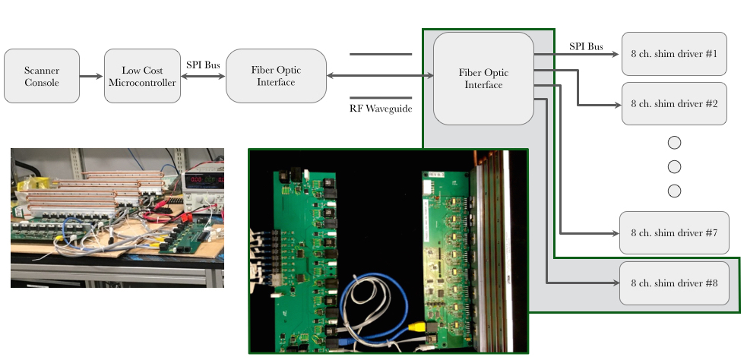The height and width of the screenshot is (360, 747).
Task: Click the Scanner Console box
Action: pyautogui.click(x=42, y=76)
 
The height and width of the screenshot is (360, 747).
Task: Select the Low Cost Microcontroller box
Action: pyautogui.click(x=142, y=76)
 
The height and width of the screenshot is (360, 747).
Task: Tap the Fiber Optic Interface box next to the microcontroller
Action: pyautogui.click(x=277, y=76)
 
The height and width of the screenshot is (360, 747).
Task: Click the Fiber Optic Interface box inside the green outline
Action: pyautogui.click(x=483, y=78)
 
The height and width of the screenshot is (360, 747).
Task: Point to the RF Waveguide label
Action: pyautogui.click(x=381, y=109)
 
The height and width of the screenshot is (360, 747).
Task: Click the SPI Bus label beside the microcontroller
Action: pyautogui.click(x=203, y=65)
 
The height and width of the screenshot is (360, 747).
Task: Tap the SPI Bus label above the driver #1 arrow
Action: pyautogui.click(x=586, y=46)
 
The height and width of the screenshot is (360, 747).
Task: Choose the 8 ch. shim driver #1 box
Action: pyautogui.click(x=674, y=54)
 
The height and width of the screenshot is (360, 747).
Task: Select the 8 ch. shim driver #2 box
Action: pyautogui.click(x=674, y=104)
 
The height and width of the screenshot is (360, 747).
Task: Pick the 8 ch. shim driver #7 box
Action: pyautogui.click(x=674, y=233)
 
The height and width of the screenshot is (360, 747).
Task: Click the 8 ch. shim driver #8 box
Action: pyautogui.click(x=674, y=283)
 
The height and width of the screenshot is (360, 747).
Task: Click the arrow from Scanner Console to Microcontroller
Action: pyautogui.click(x=91, y=76)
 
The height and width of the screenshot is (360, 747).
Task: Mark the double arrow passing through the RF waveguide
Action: pyautogui.click(x=380, y=75)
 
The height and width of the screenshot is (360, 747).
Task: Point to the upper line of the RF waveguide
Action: pyautogui.click(x=381, y=54)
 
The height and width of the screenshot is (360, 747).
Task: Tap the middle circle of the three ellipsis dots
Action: pyautogui.click(x=674, y=166)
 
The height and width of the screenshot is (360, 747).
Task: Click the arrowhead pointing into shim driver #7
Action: pyautogui.click(x=615, y=233)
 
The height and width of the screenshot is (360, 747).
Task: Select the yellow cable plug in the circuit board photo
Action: pyautogui.click(x=416, y=327)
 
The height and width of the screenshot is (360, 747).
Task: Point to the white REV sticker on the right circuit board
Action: pyautogui.click(x=436, y=175)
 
